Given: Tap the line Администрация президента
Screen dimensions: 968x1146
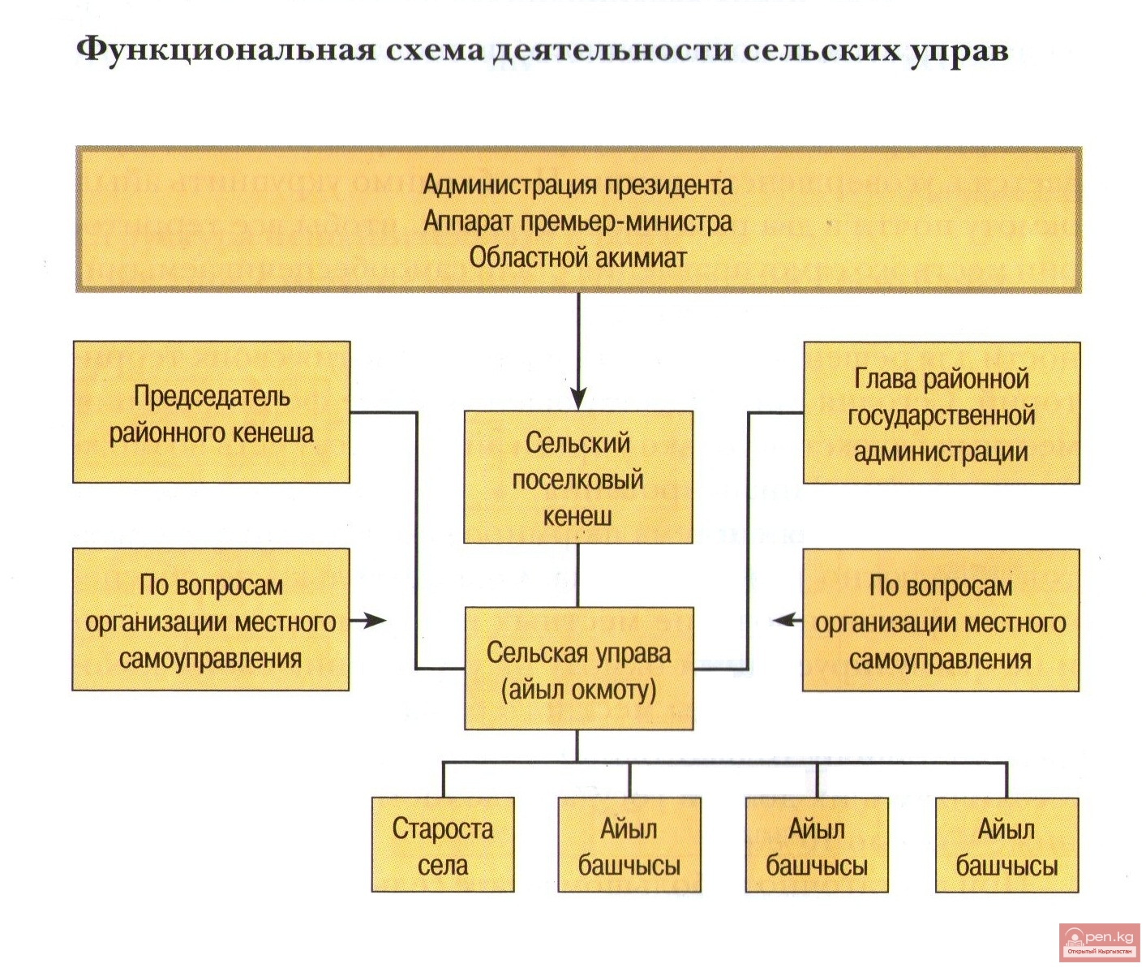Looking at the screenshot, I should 577,185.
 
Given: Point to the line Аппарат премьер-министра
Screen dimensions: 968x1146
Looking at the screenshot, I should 577,222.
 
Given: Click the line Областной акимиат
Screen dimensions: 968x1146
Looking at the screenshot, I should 577,258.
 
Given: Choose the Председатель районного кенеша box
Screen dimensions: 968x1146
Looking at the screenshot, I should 211,412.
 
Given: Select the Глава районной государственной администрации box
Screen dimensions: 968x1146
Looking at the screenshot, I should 941,414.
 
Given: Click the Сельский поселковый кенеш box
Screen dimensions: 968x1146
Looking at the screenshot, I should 577,477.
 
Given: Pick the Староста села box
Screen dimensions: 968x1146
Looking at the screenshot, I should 443,845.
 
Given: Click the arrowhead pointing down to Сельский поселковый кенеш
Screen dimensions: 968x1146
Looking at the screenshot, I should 577,398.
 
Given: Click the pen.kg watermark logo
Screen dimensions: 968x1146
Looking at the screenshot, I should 1100,941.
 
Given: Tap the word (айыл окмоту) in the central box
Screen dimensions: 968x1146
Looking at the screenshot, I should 577,690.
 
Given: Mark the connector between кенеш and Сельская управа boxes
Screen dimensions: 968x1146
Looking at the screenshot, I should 577,575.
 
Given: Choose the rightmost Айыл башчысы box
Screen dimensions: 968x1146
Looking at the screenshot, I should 1007,845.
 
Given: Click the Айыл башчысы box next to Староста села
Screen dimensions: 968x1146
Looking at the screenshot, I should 629,845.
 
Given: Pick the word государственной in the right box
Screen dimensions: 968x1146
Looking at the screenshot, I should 941,415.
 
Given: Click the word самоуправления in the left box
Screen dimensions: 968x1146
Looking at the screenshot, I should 211,658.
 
